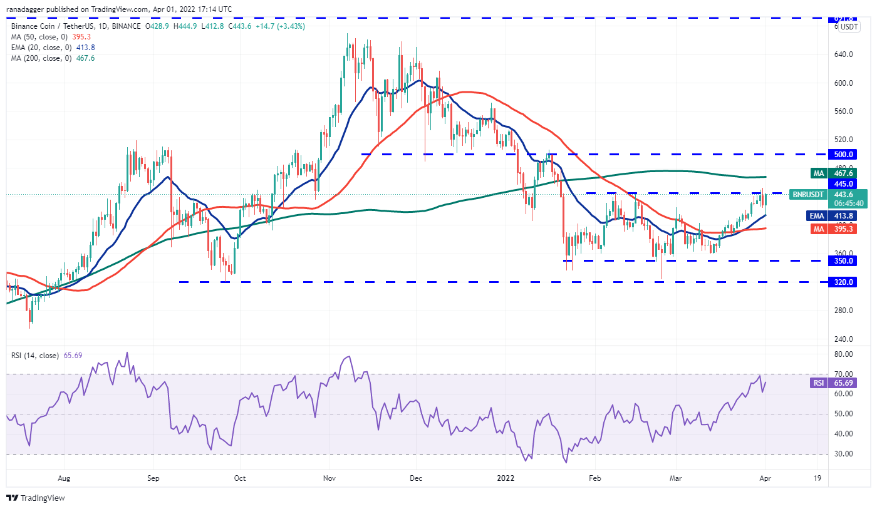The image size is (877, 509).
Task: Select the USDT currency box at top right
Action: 849,27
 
